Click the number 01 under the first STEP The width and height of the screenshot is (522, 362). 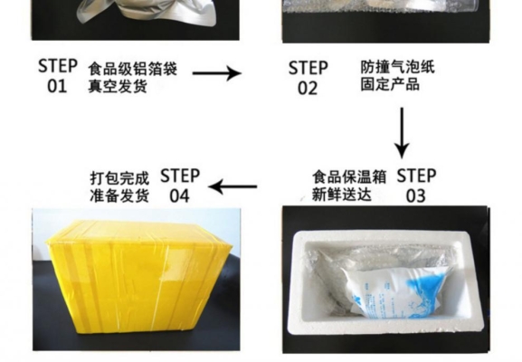pos(57,85)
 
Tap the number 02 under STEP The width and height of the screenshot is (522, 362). pos(308,88)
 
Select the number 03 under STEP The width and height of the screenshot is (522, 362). pos(415,195)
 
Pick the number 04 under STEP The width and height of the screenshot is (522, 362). pos(179,195)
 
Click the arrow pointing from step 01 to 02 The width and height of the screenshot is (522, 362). pos(218,72)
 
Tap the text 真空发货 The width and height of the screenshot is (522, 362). pos(116,86)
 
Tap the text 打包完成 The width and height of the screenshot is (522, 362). pos(119,176)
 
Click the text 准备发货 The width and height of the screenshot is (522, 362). pos(119,194)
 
